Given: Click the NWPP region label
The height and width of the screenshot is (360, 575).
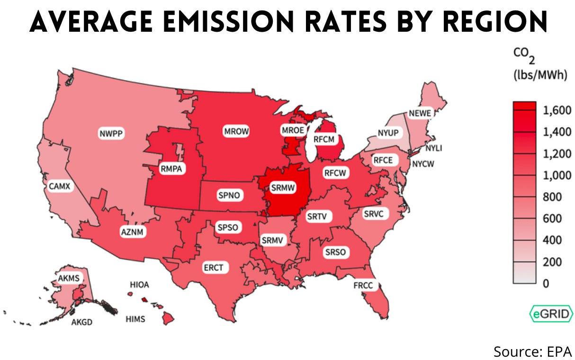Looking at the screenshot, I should click(111, 134).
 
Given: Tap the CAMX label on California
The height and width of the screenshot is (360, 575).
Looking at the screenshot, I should click(59, 187).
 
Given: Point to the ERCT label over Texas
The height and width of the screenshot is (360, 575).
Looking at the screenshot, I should click(214, 268).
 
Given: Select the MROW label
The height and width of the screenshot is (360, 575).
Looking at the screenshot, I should click(236, 131).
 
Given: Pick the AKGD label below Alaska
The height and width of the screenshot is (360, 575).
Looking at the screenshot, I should click(81, 322).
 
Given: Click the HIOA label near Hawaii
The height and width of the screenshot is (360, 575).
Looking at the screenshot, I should click(139, 284).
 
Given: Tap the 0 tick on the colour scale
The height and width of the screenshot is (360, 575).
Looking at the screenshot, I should click(546, 284).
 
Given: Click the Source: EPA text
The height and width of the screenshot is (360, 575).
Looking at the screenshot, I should click(532, 351).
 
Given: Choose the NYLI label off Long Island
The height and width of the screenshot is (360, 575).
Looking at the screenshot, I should click(433, 148).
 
